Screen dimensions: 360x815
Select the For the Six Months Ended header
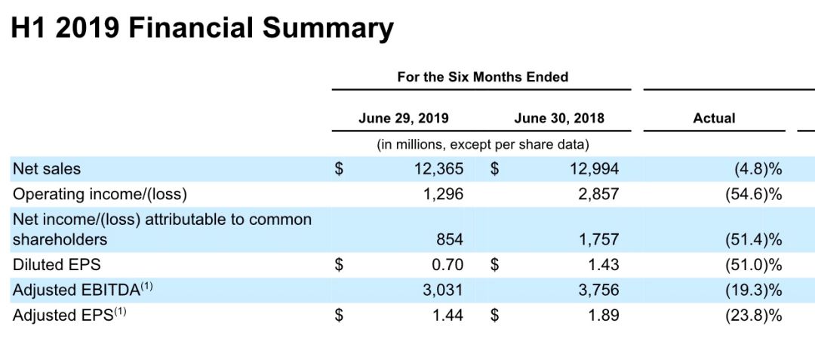tap(482, 77)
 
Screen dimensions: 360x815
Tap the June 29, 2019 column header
tap(403, 118)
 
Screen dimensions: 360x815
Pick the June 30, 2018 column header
tap(558, 118)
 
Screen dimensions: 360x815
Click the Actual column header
tap(714, 118)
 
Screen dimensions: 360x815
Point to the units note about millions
tap(482, 144)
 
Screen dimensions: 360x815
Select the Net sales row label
tap(47, 169)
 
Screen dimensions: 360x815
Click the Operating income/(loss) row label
tap(100, 194)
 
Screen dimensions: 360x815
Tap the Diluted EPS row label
tap(57, 265)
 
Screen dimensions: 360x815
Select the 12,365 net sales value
tap(438, 169)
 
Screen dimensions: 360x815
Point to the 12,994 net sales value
tap(594, 169)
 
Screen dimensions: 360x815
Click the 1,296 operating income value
tap(443, 194)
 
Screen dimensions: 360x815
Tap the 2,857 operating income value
tap(598, 194)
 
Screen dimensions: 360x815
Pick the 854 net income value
tap(450, 240)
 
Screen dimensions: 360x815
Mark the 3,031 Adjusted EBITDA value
tap(443, 290)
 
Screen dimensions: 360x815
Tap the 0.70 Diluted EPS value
tap(448, 265)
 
